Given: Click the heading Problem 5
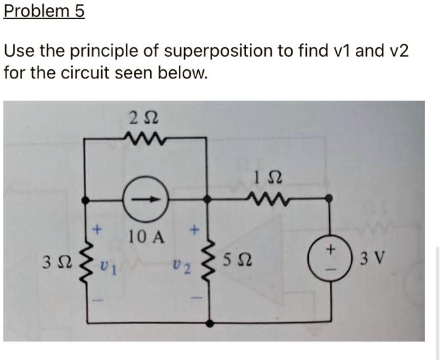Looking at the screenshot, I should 44,12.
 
